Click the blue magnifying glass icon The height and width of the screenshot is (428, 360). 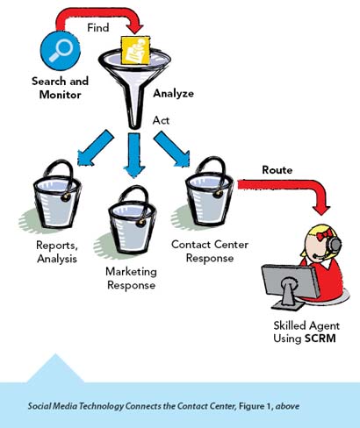61,50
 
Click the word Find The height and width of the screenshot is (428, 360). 98,28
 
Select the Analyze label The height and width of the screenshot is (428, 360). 173,93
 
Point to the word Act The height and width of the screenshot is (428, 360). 161,120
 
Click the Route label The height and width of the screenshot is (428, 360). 277,170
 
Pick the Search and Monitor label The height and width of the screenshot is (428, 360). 60,88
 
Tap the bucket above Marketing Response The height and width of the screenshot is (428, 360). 133,220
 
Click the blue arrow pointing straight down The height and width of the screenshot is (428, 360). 134,154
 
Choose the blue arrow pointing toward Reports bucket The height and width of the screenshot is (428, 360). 94,148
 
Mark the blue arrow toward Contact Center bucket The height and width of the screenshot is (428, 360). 172,149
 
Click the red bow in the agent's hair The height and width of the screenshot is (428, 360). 325,234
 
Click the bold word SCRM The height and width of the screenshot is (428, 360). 320,339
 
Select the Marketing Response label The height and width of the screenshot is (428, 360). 132,278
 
